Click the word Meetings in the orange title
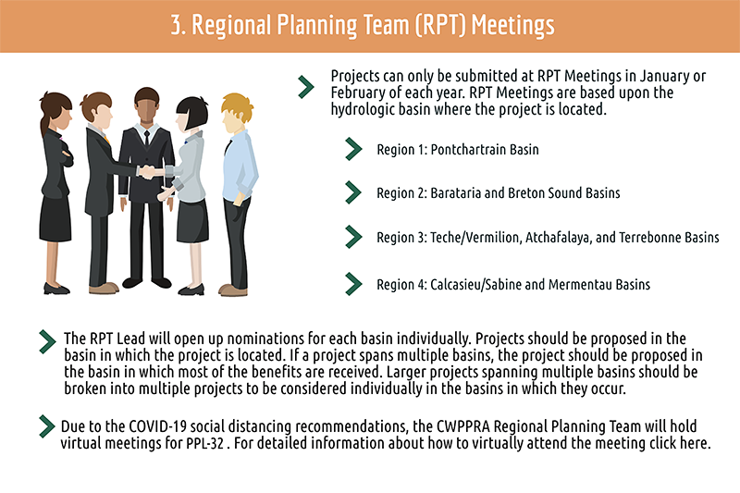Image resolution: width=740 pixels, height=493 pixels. tap(513, 26)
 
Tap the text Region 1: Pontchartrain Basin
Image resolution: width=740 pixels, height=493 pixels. tap(457, 150)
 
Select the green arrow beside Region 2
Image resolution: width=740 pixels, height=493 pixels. tap(353, 192)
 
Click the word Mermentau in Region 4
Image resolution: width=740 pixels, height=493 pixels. tap(580, 285)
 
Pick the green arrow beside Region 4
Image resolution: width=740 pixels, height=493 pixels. tap(353, 284)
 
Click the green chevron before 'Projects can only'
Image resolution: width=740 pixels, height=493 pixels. tap(306, 87)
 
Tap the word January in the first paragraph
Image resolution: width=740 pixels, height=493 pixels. tap(664, 77)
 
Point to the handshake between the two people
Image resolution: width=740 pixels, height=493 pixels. tap(149, 171)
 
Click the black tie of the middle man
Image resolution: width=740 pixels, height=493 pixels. tap(147, 138)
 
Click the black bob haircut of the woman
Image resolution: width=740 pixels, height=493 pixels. tap(193, 112)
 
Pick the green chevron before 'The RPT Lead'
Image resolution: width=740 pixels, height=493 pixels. tap(47, 341)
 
